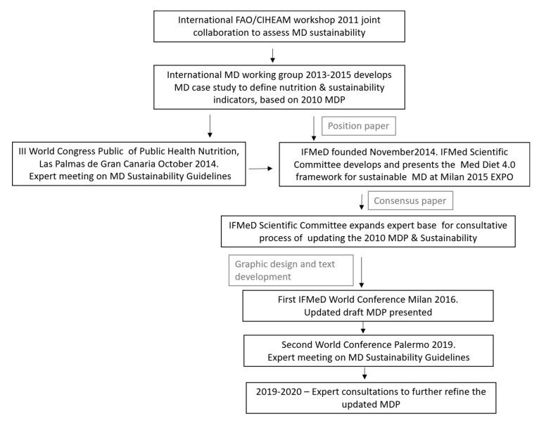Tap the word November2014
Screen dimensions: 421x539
(374, 150)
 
